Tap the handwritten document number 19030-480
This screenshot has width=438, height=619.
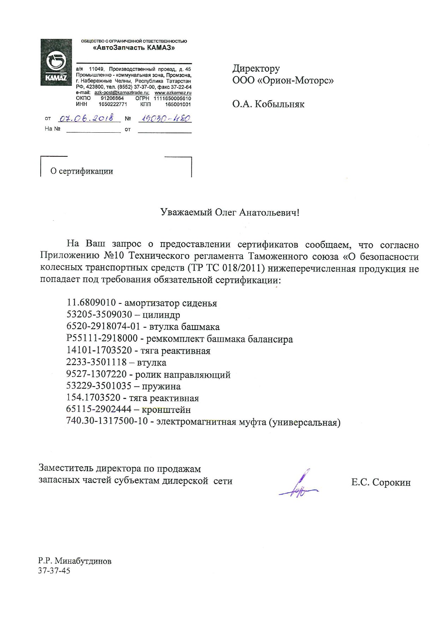point(165,118)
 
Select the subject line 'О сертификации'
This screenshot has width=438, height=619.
point(82,172)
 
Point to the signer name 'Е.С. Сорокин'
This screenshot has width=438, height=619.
point(381,482)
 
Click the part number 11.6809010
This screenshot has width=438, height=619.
point(91,303)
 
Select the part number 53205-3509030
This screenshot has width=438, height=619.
point(99,314)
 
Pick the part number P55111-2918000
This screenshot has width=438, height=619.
point(102,339)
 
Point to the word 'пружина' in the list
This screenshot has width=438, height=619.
point(161,386)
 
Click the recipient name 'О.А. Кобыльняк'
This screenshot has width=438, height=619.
point(268,104)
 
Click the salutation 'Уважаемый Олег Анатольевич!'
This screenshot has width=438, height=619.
point(230,212)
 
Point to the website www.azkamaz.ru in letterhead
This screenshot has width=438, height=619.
point(173,92)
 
